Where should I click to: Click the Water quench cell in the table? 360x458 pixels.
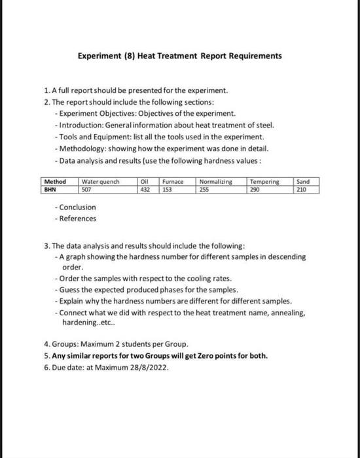100,181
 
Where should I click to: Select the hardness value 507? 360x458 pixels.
87,189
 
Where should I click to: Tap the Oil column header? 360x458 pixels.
145,181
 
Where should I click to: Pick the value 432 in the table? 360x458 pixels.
145,189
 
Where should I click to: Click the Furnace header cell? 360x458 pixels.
172,181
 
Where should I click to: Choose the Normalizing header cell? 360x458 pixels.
215,181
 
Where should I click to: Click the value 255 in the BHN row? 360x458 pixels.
206,189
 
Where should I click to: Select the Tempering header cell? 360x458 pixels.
264,181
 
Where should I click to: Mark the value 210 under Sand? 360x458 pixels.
302,189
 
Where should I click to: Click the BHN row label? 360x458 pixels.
49,189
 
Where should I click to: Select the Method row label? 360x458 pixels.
54,181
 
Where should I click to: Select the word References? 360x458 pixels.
77,219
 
